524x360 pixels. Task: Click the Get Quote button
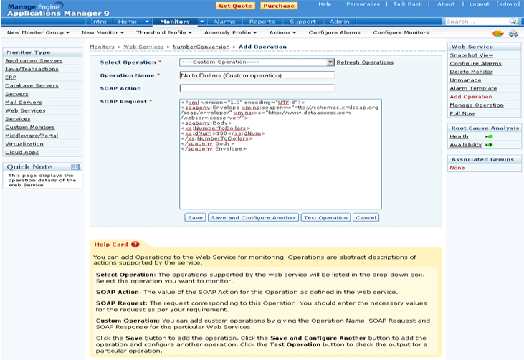point(234,5)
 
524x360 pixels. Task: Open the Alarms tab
point(224,22)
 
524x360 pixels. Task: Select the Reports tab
point(262,22)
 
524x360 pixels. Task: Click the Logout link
point(479,4)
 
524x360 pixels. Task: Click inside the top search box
point(475,22)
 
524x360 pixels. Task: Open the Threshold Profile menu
point(164,32)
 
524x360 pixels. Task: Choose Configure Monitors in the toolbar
point(401,32)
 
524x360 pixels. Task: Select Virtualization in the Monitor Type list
point(24,143)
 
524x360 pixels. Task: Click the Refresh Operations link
point(365,62)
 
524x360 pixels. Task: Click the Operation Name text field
point(257,75)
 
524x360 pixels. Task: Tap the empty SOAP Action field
point(257,88)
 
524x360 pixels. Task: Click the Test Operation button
point(325,217)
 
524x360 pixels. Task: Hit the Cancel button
point(366,217)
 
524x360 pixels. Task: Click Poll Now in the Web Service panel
point(462,113)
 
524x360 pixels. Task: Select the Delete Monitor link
point(471,72)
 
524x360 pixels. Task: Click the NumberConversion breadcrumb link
point(201,47)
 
